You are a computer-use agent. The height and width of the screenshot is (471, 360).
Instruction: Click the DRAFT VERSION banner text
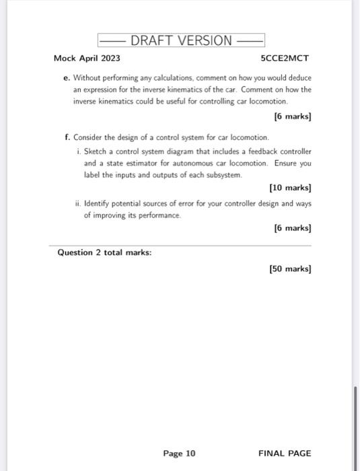click(x=181, y=40)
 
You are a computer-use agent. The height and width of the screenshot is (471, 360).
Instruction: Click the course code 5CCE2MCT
click(x=285, y=59)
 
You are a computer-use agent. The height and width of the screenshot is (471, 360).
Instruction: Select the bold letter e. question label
click(x=67, y=77)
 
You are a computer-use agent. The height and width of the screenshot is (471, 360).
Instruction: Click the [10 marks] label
click(x=290, y=188)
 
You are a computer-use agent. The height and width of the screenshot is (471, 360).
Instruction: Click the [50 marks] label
click(x=290, y=268)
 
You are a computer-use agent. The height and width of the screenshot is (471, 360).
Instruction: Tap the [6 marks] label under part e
click(x=293, y=116)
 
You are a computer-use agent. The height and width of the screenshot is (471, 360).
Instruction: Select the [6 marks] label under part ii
click(x=293, y=228)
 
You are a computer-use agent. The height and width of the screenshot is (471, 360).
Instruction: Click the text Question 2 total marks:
click(x=105, y=252)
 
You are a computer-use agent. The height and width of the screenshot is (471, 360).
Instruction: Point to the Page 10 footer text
click(x=179, y=454)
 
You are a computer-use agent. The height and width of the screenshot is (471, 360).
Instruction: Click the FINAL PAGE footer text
click(x=285, y=454)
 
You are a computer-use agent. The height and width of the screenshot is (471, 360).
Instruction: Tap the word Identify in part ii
click(x=99, y=203)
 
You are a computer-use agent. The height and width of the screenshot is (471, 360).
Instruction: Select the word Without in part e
click(x=87, y=77)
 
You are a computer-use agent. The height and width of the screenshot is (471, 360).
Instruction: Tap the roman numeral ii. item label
click(x=78, y=203)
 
